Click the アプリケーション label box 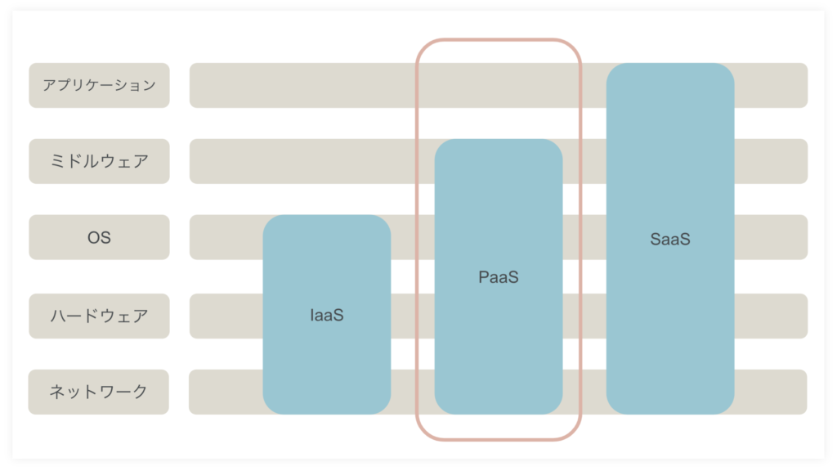pyautogui.click(x=99, y=85)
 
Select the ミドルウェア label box pyautogui.click(x=99, y=161)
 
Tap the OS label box pyautogui.click(x=99, y=237)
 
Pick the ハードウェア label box pyautogui.click(x=99, y=316)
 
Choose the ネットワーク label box pyautogui.click(x=99, y=392)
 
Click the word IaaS pyautogui.click(x=327, y=315)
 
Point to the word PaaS pyautogui.click(x=499, y=277)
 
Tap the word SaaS pyautogui.click(x=670, y=240)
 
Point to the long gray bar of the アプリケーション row pyautogui.click(x=299, y=85)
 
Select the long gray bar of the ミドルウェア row pyautogui.click(x=299, y=161)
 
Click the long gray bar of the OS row pyautogui.click(x=224, y=237)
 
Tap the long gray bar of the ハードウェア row pyautogui.click(x=224, y=316)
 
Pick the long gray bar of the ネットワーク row pyautogui.click(x=224, y=392)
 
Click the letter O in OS pyautogui.click(x=93, y=238)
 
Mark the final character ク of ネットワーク pyautogui.click(x=140, y=392)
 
